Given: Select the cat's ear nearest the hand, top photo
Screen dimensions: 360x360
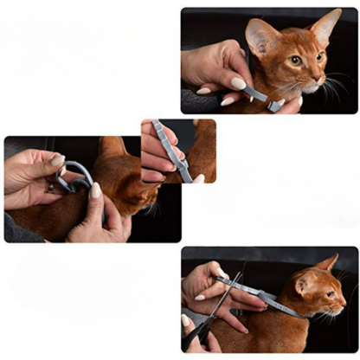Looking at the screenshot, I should pyautogui.click(x=262, y=36).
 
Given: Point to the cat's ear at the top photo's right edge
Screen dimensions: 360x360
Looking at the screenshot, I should pyautogui.click(x=327, y=26).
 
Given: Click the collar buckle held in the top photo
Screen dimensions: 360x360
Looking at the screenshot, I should pyautogui.click(x=274, y=105).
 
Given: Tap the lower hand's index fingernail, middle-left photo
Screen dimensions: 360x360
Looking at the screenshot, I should pyautogui.click(x=96, y=190).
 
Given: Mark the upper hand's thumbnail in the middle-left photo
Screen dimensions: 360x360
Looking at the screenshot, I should pyautogui.click(x=57, y=161).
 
